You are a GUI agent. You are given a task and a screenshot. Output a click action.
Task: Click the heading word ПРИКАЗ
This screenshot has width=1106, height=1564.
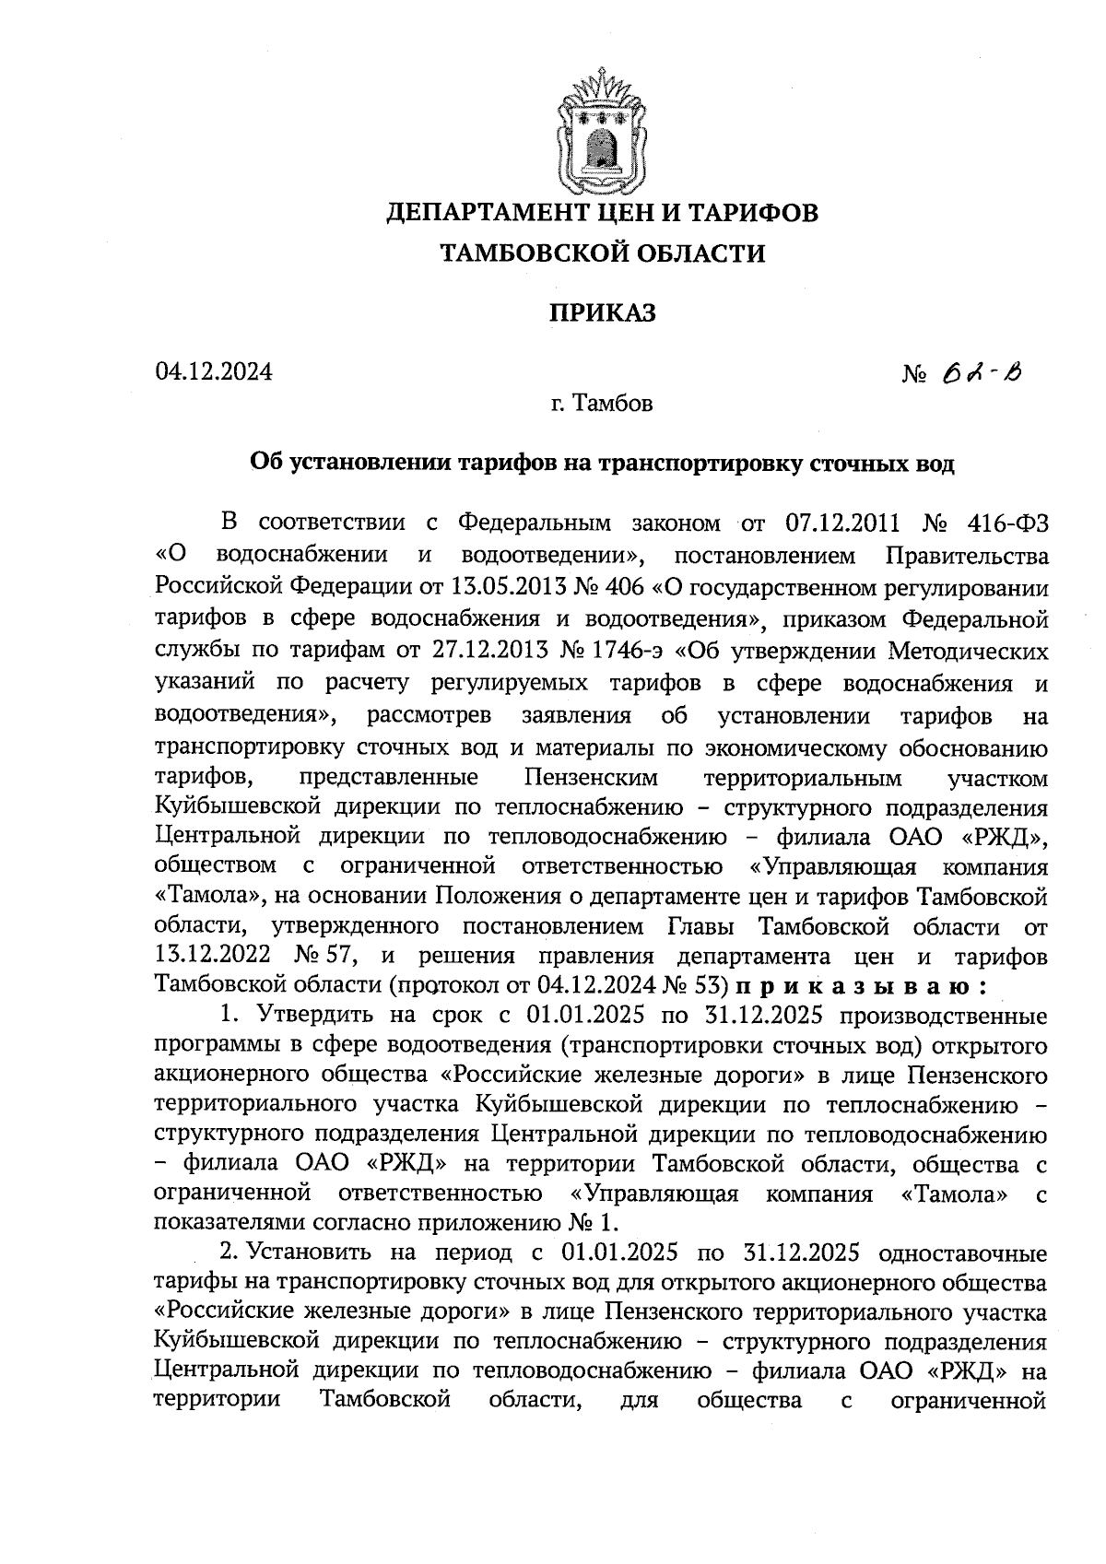pyautogui.click(x=602, y=312)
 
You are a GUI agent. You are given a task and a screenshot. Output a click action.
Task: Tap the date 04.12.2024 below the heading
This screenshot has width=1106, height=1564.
pyautogui.click(x=214, y=372)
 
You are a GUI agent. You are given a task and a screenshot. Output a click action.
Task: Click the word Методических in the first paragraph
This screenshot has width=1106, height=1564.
pyautogui.click(x=967, y=652)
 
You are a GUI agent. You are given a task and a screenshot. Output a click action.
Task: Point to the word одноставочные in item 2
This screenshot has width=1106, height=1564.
pyautogui.click(x=964, y=1254)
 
